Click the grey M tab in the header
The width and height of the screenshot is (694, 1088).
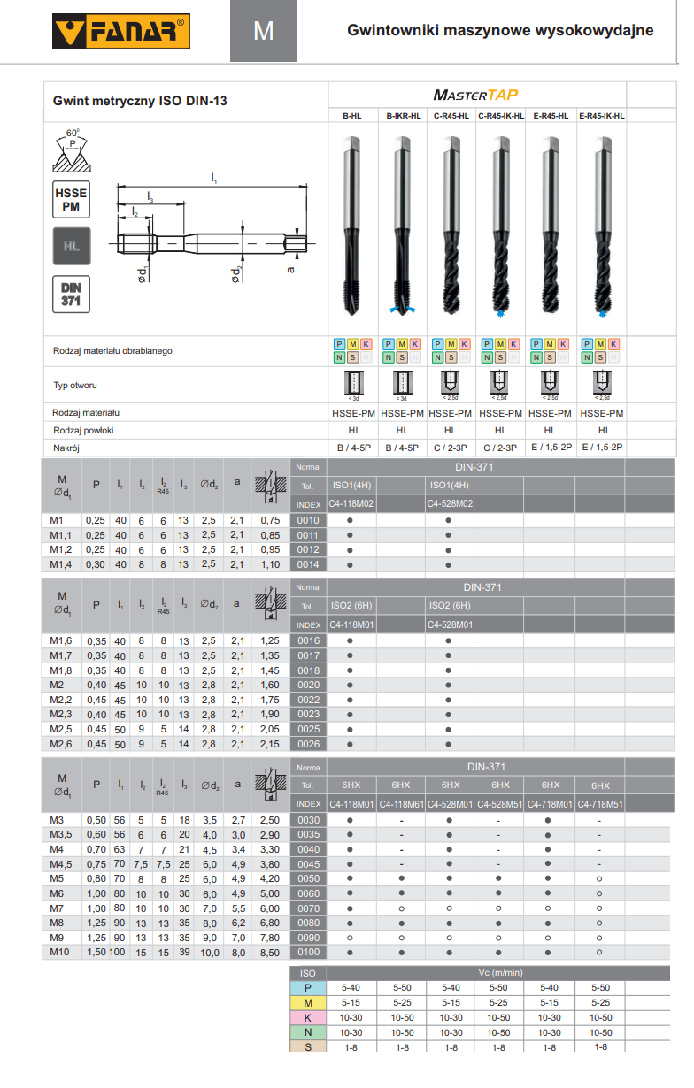[x=264, y=31]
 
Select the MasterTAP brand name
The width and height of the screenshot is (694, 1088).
[x=476, y=95]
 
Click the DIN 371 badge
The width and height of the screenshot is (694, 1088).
[x=72, y=294]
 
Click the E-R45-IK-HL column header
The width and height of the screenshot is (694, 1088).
[x=601, y=115]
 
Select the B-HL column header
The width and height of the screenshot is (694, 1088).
[x=351, y=115]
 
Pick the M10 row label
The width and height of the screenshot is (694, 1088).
[x=59, y=952]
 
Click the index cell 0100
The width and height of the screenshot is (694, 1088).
[x=307, y=952]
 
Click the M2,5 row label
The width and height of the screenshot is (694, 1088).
[x=62, y=729]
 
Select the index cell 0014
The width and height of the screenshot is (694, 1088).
[x=307, y=564]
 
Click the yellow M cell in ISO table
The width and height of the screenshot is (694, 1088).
[x=308, y=1002]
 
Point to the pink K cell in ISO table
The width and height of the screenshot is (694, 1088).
[x=308, y=1017]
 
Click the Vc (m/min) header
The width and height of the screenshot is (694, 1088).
[x=500, y=972]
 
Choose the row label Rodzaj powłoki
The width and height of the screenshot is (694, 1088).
[x=84, y=431]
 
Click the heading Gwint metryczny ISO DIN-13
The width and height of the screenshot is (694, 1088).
[x=140, y=102]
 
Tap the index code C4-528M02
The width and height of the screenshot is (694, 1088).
[x=450, y=503]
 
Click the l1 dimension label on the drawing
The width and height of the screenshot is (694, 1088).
[x=213, y=178]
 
